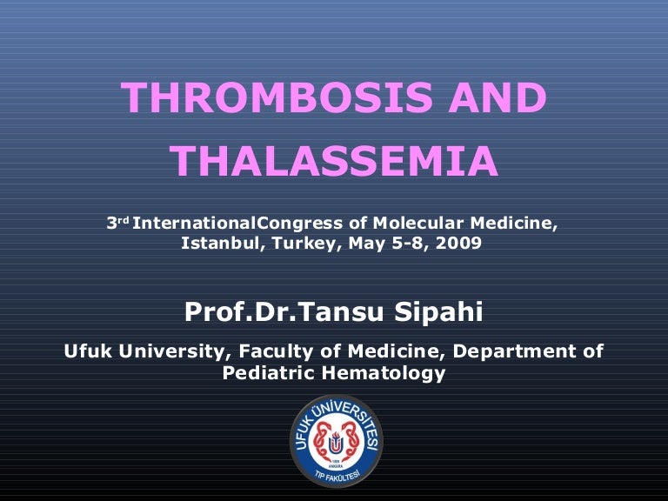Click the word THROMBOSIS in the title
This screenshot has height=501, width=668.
pos(277,97)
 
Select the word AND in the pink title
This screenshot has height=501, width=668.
pos(498,97)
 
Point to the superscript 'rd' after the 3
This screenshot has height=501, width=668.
pos(124,220)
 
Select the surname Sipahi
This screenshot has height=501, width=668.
pos(438,312)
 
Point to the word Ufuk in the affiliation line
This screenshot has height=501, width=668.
pos(88,351)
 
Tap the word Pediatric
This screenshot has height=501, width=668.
pos(269,373)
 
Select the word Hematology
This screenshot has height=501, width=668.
pos(384,374)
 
